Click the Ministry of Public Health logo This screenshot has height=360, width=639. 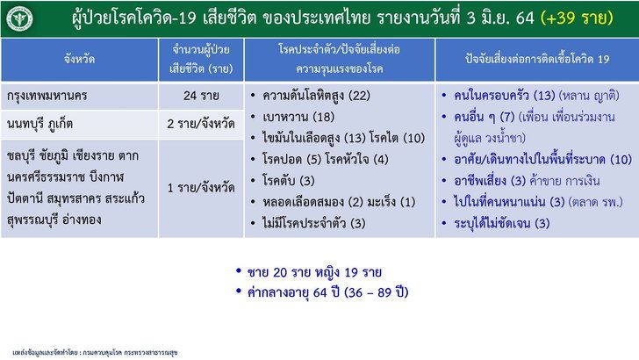(x=19, y=18)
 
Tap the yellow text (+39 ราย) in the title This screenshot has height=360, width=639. (x=577, y=18)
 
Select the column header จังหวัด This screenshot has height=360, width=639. (x=80, y=59)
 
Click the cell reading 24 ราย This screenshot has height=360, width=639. (x=201, y=96)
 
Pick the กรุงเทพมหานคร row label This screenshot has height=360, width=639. (x=47, y=96)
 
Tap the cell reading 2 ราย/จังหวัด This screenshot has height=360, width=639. (x=201, y=124)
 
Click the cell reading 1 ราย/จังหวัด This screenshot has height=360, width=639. (x=201, y=188)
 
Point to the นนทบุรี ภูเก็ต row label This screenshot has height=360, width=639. (x=40, y=124)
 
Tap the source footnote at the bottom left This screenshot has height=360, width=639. (x=95, y=352)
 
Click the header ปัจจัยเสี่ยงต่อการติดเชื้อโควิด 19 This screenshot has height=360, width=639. (x=537, y=59)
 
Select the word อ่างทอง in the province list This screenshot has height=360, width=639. (x=82, y=220)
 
